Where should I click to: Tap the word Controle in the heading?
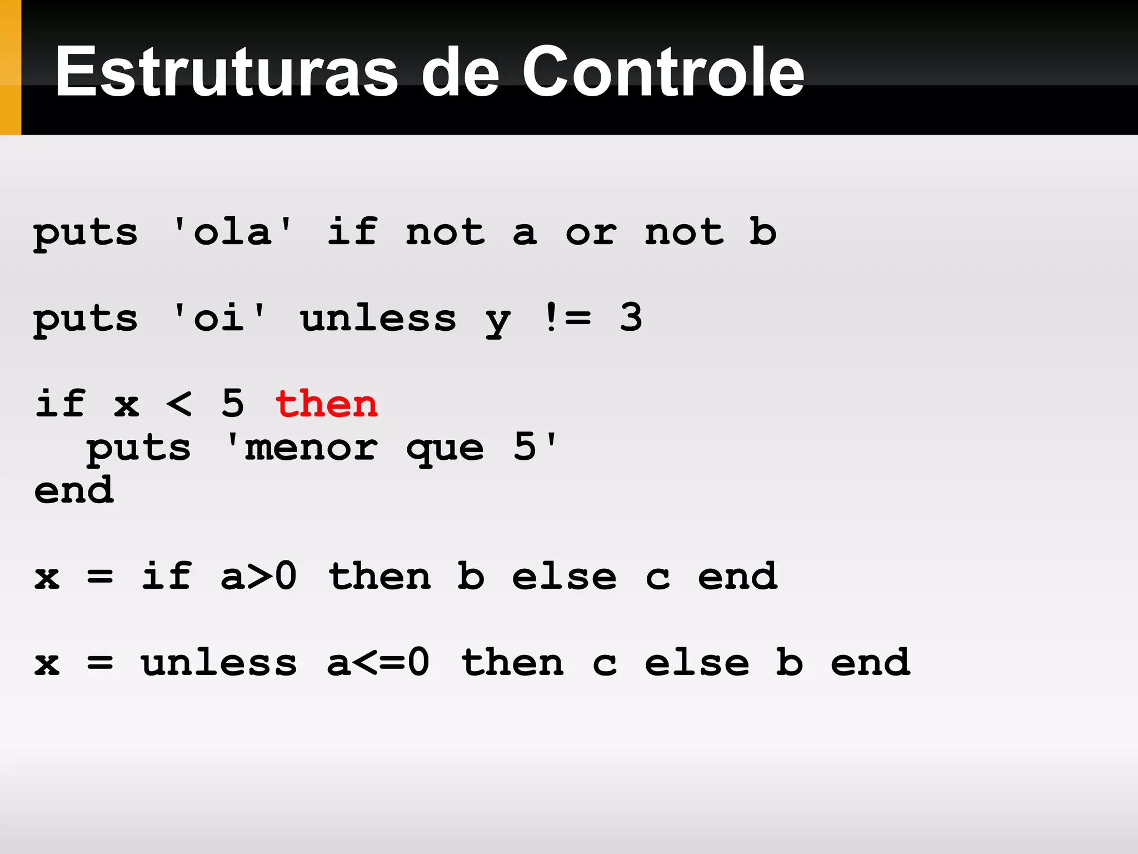point(663,72)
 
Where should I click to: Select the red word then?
point(327,404)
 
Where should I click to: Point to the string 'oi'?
point(219,318)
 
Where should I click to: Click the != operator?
point(567,318)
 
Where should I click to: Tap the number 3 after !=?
point(631,318)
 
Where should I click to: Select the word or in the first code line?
point(591,232)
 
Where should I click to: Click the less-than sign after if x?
point(179,404)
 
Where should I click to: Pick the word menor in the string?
point(311,448)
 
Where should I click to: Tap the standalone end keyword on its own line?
point(74,490)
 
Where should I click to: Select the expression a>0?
point(259,576)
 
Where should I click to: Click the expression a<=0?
point(378,663)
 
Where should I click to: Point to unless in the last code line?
point(219,663)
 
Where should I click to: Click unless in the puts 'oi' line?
point(378,318)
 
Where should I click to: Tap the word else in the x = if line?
point(564,576)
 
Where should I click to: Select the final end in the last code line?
point(871,663)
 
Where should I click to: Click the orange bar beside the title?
point(10,67)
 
